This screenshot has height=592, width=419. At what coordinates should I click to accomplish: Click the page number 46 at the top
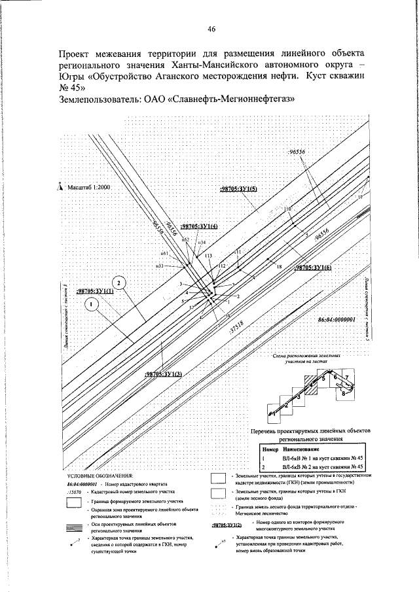point(211,29)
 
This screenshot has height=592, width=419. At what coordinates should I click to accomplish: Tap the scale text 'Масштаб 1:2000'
point(88,187)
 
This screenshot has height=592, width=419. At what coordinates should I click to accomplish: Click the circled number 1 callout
point(92,304)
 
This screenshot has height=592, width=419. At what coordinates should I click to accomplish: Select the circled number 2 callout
point(118,282)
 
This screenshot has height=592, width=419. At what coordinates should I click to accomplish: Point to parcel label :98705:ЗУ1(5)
point(239,188)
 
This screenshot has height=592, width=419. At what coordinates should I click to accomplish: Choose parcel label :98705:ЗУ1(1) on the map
point(95,291)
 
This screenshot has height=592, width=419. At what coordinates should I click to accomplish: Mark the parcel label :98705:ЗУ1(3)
point(163,374)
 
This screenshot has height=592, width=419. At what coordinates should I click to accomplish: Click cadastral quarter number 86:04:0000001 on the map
point(335,320)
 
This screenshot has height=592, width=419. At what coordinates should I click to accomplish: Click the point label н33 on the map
point(159,266)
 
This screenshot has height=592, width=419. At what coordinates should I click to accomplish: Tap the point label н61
point(165,253)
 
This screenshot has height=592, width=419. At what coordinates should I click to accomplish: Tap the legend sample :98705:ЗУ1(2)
point(227,525)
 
